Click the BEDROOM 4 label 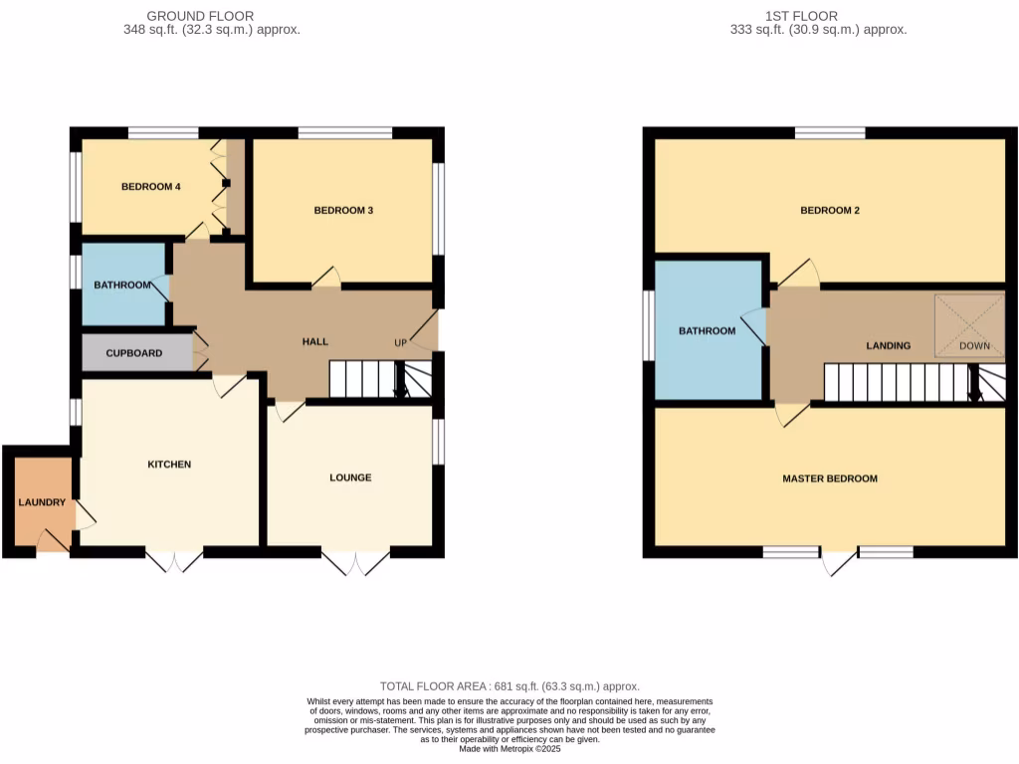coord(150,187)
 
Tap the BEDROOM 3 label coord(343,211)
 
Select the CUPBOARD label coord(134,353)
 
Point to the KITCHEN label coord(169,465)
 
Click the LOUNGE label coord(350,477)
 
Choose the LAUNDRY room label coord(42,502)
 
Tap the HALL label coord(315,342)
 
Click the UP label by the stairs coord(401,343)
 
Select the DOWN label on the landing coord(974,346)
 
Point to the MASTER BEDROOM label coord(830,478)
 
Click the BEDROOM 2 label coord(830,211)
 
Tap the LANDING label coord(888,346)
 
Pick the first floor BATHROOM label coord(707,331)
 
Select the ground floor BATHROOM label coord(122,286)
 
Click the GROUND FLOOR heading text coord(200,16)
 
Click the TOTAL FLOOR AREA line coord(509,686)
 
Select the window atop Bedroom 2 coord(829,133)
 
